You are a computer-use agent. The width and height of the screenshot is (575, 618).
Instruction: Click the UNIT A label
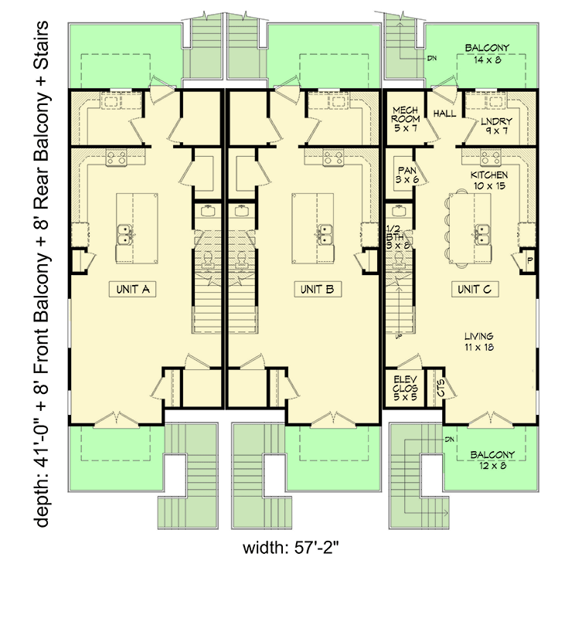click(x=132, y=290)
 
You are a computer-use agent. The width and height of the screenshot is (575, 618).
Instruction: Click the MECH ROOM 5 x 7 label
click(x=405, y=120)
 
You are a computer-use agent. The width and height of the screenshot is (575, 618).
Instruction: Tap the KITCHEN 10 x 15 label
click(x=489, y=181)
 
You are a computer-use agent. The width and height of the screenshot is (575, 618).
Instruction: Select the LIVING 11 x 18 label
click(x=479, y=341)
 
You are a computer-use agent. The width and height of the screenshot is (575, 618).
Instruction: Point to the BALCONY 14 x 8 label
click(x=487, y=53)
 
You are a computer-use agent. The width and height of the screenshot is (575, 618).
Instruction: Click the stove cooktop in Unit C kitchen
click(x=488, y=158)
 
